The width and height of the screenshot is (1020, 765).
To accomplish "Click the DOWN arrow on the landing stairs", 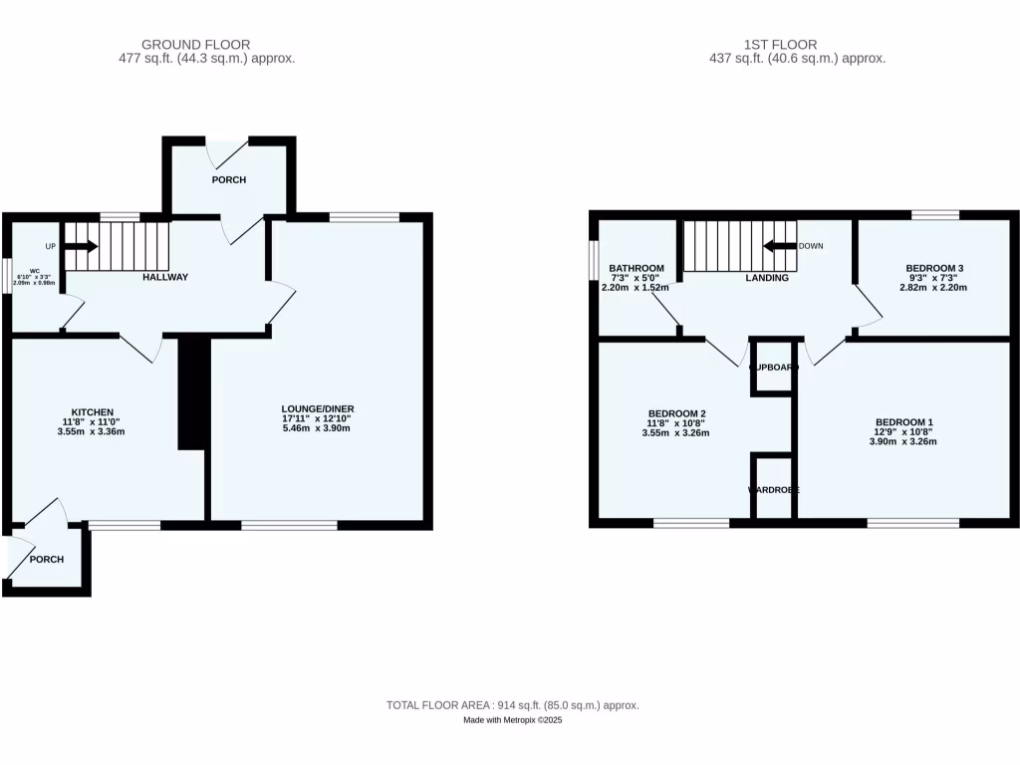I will pyautogui.click(x=779, y=246).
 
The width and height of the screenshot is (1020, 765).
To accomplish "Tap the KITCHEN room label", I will pyautogui.click(x=92, y=412).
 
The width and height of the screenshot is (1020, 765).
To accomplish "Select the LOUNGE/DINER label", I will pyautogui.click(x=318, y=408).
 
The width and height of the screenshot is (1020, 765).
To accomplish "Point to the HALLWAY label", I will pyautogui.click(x=164, y=277).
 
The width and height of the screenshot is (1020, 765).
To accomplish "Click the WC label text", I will pyautogui.click(x=34, y=271).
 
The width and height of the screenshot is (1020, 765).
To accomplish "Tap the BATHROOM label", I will pyautogui.click(x=637, y=268).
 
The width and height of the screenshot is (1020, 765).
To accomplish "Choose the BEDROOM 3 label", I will pyautogui.click(x=933, y=268).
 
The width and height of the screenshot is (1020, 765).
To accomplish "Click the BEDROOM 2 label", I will pyautogui.click(x=676, y=413).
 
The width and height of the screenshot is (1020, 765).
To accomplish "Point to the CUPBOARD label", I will pyautogui.click(x=774, y=368).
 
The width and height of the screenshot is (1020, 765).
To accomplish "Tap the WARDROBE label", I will pyautogui.click(x=774, y=490).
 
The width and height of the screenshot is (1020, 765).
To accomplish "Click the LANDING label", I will pyautogui.click(x=767, y=278).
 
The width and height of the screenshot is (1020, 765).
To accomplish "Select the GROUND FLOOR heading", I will pyautogui.click(x=195, y=44).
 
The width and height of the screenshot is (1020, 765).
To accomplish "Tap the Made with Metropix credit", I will pyautogui.click(x=513, y=720).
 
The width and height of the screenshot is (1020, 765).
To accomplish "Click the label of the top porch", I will pyautogui.click(x=228, y=180).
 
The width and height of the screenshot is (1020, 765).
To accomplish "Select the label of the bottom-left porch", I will pyautogui.click(x=46, y=560).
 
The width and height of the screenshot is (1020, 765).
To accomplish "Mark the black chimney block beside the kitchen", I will pyautogui.click(x=192, y=394).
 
